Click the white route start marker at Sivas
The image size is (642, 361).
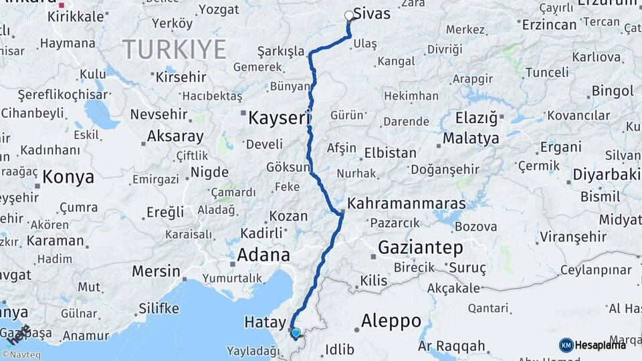[x=348, y=15]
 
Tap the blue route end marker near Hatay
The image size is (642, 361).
[x=296, y=332]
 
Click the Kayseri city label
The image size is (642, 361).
[x=280, y=119]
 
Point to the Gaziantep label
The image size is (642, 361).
[x=420, y=247]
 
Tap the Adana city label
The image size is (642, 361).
[x=264, y=255]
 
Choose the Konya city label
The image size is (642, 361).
[x=68, y=177]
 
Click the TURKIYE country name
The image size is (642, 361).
[x=174, y=49]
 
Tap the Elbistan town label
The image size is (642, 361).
[x=390, y=152]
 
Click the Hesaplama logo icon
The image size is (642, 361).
[x=566, y=345]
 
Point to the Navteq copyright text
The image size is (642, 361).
[x=21, y=355]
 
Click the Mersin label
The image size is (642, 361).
[x=156, y=271]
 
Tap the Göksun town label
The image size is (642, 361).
[x=288, y=167]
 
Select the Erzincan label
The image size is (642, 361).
[x=549, y=25]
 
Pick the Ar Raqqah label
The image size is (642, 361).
[x=451, y=346]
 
